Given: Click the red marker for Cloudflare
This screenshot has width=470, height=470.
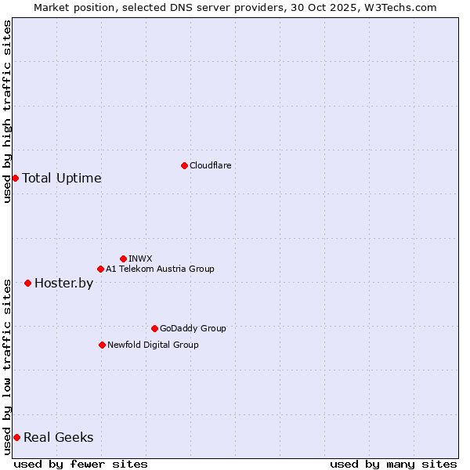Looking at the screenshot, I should [x=184, y=165].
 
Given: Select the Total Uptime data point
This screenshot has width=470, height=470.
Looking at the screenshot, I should [x=15, y=178].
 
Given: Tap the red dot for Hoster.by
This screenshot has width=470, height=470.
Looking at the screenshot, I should [x=27, y=283].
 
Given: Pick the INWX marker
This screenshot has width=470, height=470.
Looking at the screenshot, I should [x=123, y=258].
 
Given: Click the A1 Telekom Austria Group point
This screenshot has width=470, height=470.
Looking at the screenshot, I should [x=100, y=269].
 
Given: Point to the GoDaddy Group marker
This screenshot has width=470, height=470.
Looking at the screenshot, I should [x=154, y=328].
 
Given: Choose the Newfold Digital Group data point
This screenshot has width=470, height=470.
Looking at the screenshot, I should [x=102, y=345].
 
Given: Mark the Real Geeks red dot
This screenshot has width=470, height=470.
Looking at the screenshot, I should [x=16, y=437].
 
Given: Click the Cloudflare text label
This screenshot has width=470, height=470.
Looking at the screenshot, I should [x=210, y=165].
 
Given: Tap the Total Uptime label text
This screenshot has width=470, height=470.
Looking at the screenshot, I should [x=62, y=178].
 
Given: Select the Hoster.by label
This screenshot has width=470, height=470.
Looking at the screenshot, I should [x=63, y=283].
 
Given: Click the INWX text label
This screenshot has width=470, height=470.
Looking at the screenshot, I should [x=140, y=258].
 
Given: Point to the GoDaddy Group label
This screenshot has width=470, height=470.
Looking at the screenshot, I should [x=193, y=328].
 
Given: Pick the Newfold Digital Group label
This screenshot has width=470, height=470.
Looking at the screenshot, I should [x=153, y=345].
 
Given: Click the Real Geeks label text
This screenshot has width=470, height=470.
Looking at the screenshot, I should [x=58, y=437].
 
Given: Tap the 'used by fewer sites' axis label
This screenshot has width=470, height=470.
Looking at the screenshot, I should [x=81, y=464].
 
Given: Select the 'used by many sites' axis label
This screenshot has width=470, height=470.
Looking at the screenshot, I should [x=393, y=464].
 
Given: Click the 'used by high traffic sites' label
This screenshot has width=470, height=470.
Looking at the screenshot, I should [x=7, y=111].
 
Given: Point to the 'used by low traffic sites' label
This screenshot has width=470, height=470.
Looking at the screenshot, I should [x=7, y=366].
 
